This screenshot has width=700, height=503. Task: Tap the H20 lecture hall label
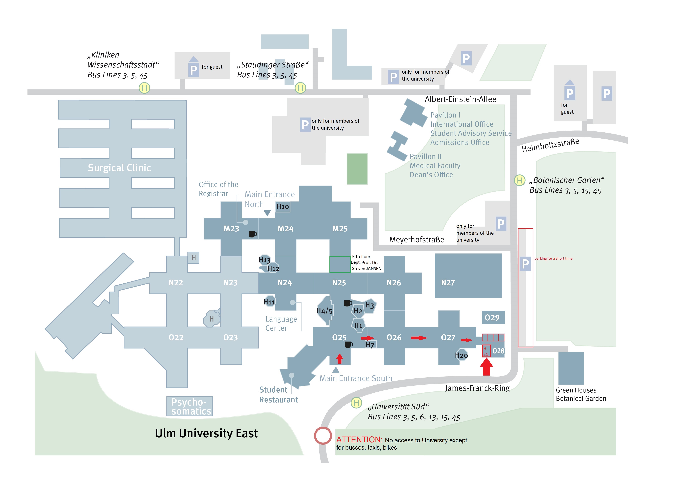point(461,355)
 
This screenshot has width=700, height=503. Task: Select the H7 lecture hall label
point(370,345)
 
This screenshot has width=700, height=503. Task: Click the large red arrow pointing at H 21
point(486,367)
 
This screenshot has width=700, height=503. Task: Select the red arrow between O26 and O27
point(419,338)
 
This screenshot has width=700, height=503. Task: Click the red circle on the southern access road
point(323,435)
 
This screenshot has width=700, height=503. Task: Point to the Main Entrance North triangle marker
point(267,213)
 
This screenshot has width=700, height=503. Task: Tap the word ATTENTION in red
point(359,440)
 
